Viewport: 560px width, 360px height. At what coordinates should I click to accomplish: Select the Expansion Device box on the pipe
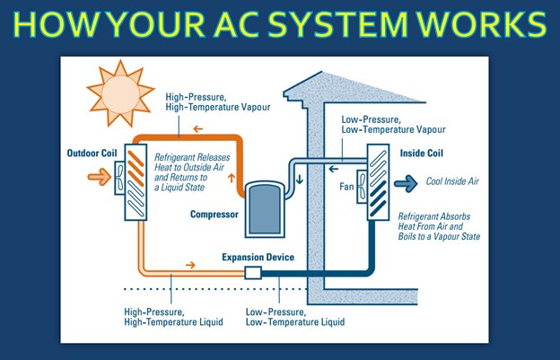point(252,272)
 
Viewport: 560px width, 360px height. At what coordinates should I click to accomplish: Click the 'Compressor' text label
point(213,215)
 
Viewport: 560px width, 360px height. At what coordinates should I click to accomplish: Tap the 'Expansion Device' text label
point(258,257)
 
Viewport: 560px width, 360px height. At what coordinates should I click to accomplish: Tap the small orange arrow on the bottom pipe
point(188,266)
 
